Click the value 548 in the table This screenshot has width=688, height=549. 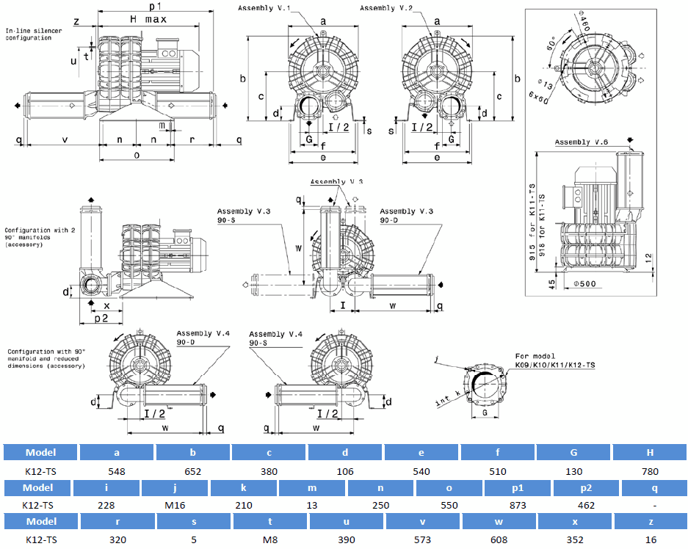click(116, 471)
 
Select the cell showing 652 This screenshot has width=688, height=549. click(192, 471)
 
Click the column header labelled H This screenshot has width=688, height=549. click(649, 452)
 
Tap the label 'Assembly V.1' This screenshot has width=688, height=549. click(264, 8)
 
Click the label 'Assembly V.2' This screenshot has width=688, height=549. click(386, 8)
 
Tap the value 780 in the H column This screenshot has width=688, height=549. click(649, 471)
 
